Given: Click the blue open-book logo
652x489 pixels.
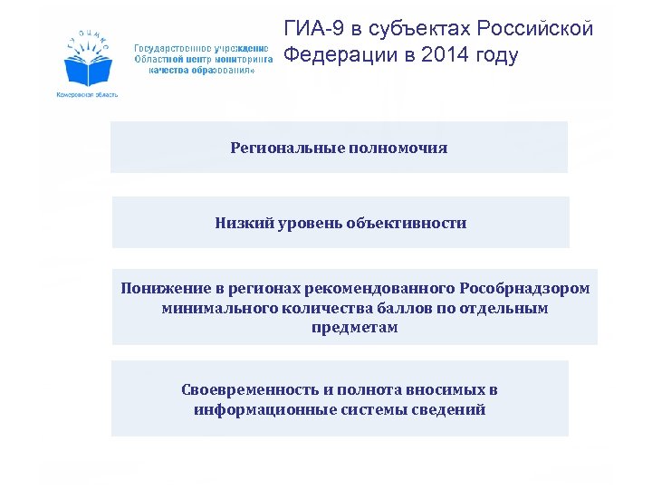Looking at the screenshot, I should (x=88, y=63).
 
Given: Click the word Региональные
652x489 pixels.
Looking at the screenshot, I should (x=284, y=148).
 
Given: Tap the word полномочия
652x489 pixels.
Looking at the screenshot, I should (x=396, y=148).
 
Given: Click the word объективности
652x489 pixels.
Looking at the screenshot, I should (x=407, y=223).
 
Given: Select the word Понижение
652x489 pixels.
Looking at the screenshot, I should (x=167, y=289).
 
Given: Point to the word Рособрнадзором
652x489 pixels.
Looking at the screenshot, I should (x=524, y=289).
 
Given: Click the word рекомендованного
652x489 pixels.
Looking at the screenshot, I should (x=380, y=289).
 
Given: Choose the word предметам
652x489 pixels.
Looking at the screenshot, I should (x=355, y=329).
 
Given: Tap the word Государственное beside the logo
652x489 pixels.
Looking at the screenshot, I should (x=173, y=47).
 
